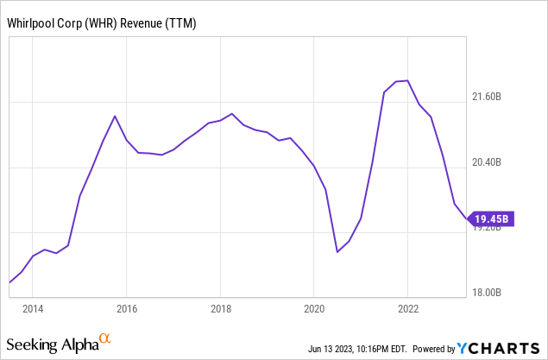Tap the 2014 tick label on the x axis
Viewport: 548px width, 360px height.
coord(33,308)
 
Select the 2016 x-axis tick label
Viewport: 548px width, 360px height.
coord(127,308)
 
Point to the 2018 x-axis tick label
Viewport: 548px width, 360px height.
coord(221,308)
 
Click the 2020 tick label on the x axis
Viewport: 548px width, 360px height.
coord(314,308)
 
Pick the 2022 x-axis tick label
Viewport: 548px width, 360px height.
coord(408,308)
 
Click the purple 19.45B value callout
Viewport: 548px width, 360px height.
coord(494,218)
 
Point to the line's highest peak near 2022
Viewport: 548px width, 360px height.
coord(406,80)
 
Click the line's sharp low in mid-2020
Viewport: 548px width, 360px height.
coord(337,252)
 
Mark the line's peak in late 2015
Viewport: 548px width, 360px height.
coord(115,116)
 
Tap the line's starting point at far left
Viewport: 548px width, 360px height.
coord(9,282)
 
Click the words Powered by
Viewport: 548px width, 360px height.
coord(435,350)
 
